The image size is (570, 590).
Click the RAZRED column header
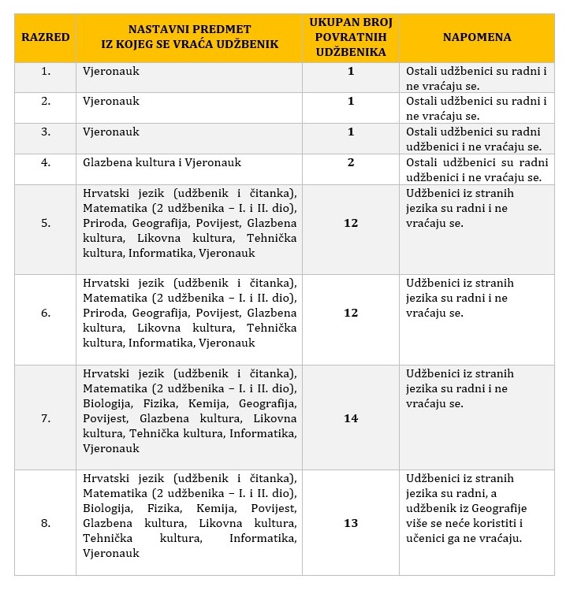pos(46,37)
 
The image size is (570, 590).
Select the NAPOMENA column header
pos(476,37)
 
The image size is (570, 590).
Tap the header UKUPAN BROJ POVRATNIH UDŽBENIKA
pos(350,37)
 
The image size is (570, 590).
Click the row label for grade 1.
pos(46,71)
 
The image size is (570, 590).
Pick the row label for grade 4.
pos(46,162)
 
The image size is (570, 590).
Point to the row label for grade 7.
pos(46,418)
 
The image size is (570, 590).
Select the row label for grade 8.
pos(46,523)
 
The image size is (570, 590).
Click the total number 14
pos(351,418)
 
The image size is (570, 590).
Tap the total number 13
pos(351,523)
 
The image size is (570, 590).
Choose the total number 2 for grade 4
pos(351,162)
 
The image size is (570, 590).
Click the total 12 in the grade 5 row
pos(351,223)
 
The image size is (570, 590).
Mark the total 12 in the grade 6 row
pos(351,313)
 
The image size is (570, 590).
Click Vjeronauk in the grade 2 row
pos(111,101)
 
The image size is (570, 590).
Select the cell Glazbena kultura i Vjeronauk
pos(162,162)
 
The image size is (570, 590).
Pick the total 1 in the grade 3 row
pos(351,132)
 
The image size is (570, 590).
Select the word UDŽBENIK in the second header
pos(249,44)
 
